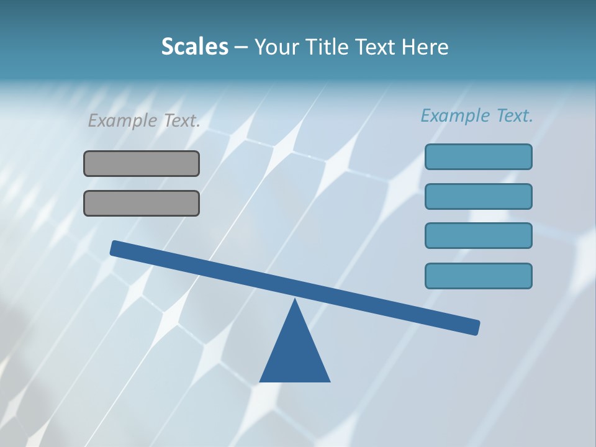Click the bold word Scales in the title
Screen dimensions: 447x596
click(x=194, y=47)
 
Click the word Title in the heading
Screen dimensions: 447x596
click(x=326, y=47)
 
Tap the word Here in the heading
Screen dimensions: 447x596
click(x=425, y=47)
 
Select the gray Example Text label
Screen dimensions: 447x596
click(x=144, y=120)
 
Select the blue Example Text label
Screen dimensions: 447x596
click(x=477, y=115)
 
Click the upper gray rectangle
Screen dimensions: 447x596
click(x=142, y=163)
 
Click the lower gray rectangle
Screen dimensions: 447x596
click(x=142, y=203)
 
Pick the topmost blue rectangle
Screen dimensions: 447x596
click(x=478, y=156)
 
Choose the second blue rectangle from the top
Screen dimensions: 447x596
click(x=478, y=196)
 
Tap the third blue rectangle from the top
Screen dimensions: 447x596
click(x=478, y=236)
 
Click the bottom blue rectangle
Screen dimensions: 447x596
click(x=478, y=276)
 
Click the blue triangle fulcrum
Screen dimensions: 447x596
click(x=295, y=354)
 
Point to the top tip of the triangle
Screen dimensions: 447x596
click(x=295, y=300)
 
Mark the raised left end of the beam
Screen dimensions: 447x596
click(x=114, y=248)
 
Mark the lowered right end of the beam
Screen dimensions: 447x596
click(x=476, y=327)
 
